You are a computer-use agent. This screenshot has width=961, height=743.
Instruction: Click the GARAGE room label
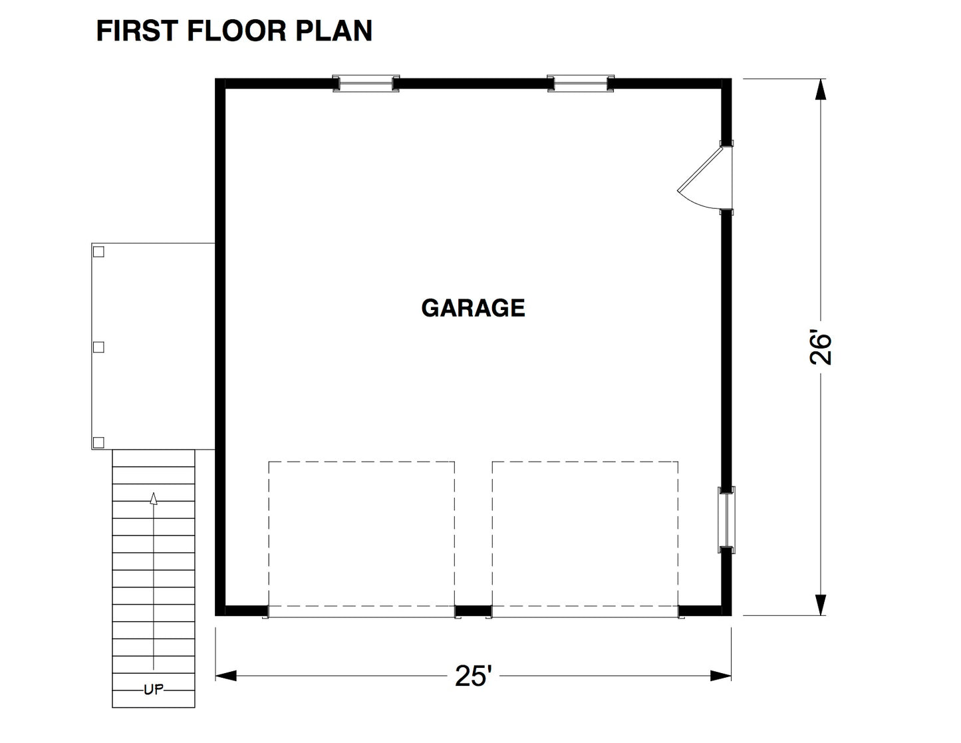(473, 308)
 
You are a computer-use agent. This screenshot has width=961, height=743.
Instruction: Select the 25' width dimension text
(473, 676)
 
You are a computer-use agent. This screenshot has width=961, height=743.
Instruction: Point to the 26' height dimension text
(821, 347)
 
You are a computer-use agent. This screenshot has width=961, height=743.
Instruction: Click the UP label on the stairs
(154, 690)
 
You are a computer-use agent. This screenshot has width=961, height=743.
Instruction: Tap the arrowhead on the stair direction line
(154, 498)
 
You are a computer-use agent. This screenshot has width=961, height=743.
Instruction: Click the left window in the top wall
(366, 83)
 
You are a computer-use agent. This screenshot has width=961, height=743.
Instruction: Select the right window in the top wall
(581, 83)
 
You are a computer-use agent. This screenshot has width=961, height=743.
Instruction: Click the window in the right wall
(726, 520)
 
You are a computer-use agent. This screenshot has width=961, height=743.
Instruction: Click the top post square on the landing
(98, 251)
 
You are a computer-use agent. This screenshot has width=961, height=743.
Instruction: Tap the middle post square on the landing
(98, 347)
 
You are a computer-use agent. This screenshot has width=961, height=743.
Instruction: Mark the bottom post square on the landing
(98, 442)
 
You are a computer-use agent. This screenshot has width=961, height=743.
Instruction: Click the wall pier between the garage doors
(473, 611)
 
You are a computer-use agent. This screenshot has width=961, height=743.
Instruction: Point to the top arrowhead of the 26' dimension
(821, 90)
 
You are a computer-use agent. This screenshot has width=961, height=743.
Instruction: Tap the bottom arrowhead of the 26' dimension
(821, 604)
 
